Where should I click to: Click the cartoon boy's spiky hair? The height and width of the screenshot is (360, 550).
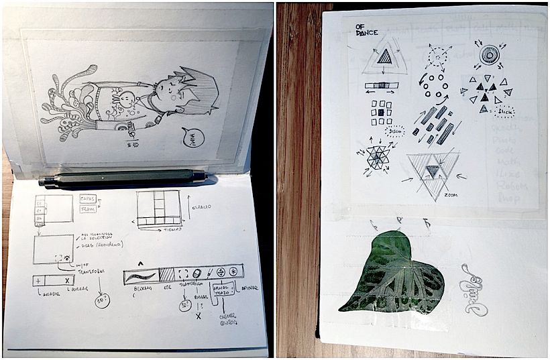(x=200, y=91)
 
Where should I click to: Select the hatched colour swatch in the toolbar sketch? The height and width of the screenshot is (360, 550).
(x=166, y=274)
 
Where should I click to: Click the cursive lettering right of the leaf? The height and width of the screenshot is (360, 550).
(x=473, y=290)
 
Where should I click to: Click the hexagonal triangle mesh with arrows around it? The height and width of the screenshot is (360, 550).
(x=379, y=157)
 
